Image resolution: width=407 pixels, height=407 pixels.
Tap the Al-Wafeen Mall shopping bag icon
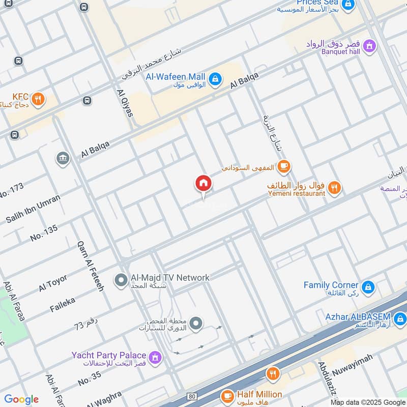(216, 78)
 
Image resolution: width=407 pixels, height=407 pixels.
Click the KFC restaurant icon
(38, 100)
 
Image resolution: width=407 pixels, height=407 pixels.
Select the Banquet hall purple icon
(370, 46)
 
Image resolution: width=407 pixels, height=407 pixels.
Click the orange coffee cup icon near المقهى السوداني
(284, 166)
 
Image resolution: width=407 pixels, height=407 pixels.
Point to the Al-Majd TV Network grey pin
(121, 280)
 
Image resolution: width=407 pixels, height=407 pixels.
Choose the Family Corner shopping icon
(369, 287)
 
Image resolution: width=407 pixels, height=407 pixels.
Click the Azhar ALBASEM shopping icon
(400, 319)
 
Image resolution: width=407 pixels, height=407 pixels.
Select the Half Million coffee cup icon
(227, 395)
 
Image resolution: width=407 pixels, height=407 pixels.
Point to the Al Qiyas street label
(125, 103)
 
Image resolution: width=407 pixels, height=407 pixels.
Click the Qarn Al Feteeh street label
(91, 266)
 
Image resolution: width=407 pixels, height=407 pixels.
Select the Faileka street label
(63, 305)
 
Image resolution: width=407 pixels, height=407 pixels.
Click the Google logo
(21, 399)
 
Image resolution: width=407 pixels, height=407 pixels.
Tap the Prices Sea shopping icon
(347, 6)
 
